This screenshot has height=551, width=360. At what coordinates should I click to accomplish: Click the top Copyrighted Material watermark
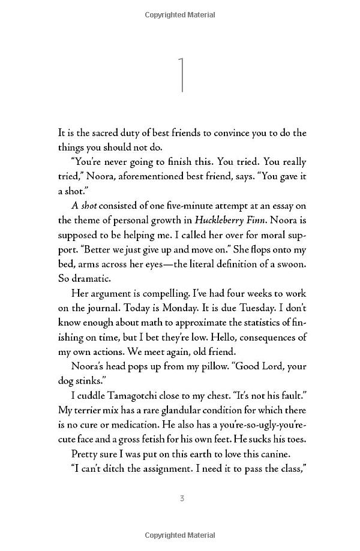coord(182,11)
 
